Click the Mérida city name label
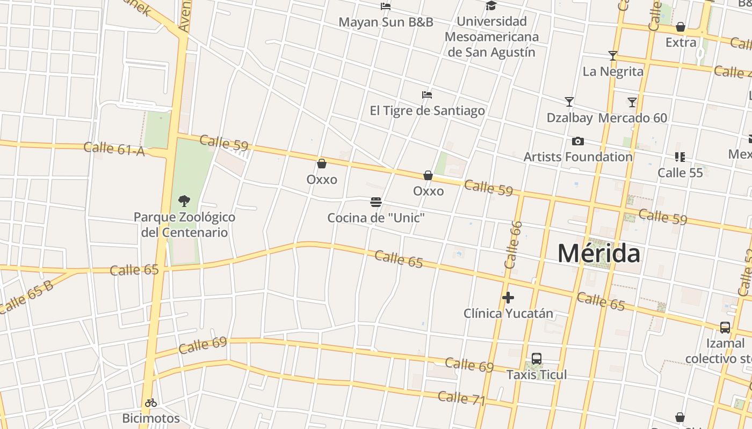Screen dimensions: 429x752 point(599,253)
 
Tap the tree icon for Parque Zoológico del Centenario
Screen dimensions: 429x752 point(184,202)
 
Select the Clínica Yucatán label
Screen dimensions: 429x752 point(508,313)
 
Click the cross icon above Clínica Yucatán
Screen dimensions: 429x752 point(508,297)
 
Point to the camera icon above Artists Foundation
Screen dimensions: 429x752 point(578,142)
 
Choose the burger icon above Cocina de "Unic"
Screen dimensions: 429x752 point(376,202)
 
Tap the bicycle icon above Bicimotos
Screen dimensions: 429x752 point(151,403)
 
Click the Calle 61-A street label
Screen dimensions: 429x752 point(114,149)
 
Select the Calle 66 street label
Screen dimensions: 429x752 point(514,245)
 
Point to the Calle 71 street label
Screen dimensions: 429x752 point(461,398)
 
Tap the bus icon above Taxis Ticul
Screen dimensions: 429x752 point(536,359)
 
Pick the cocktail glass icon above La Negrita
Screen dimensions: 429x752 point(612,55)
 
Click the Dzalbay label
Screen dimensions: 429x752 point(569,118)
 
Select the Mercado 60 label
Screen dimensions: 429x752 point(633,118)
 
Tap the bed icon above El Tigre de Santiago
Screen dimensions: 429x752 point(427,95)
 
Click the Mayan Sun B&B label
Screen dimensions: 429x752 point(386,23)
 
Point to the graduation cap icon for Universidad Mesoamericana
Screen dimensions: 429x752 point(491,6)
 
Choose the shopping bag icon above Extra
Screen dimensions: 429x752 point(681,27)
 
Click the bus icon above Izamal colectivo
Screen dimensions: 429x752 point(725,327)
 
